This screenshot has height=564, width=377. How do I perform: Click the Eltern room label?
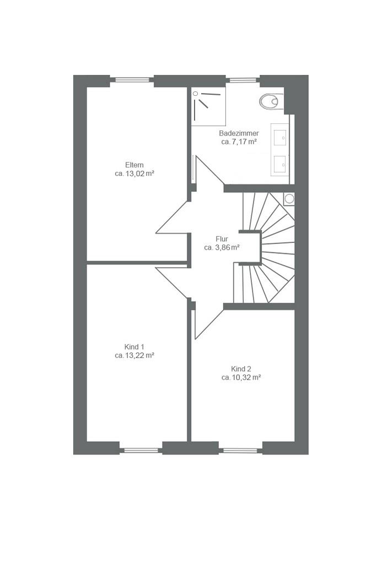tap(134, 165)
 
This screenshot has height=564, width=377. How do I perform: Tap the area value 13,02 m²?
tap(139, 173)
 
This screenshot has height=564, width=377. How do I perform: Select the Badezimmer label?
tap(239, 133)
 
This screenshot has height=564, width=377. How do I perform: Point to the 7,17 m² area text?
tap(244, 142)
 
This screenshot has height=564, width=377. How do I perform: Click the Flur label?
tap(222, 239)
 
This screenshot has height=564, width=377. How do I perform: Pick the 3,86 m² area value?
tap(227, 247)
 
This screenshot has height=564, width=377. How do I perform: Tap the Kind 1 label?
tap(134, 347)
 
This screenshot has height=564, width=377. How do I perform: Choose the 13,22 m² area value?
tap(139, 356)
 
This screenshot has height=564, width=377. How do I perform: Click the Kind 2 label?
tap(241, 369)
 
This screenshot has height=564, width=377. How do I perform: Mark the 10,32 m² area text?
tap(246, 378)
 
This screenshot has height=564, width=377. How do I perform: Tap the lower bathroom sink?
tap(280, 164)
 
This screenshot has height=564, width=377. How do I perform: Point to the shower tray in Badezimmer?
tap(208, 106)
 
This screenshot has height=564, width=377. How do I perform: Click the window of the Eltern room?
tap(132, 80)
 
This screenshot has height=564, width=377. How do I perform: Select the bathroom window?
tap(243, 80)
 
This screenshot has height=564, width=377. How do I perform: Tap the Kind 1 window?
tap(141, 450)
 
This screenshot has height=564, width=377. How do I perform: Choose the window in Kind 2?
tap(240, 450)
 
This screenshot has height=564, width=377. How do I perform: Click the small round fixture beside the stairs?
tap(289, 199)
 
